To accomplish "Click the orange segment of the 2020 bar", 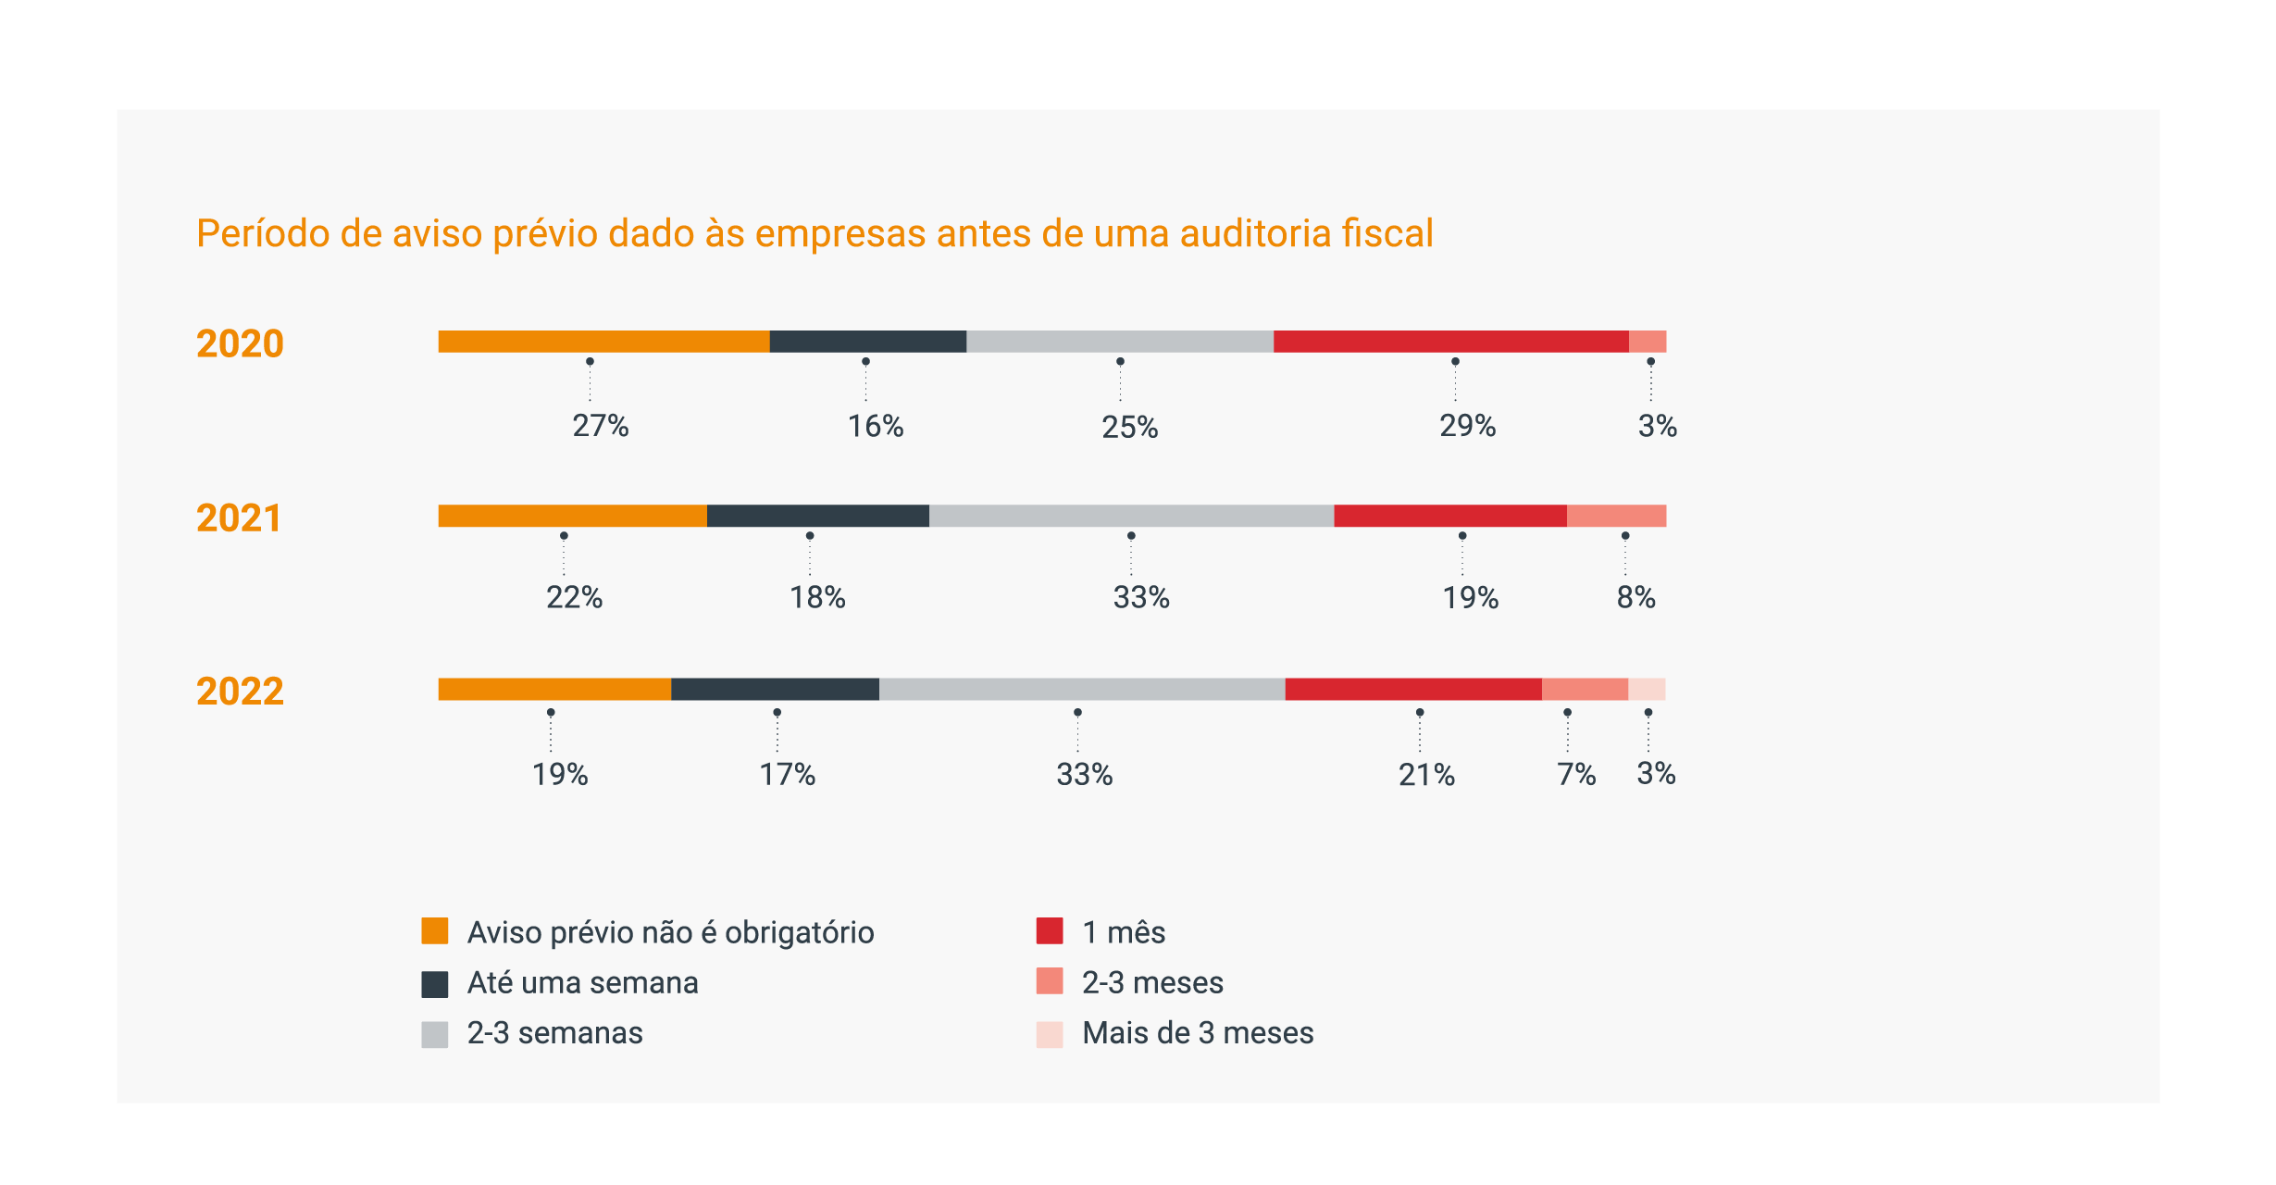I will coord(603,342).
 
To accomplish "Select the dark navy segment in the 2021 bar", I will coord(817,516).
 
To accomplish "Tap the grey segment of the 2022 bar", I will coord(1081,690).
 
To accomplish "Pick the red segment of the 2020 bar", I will coord(1450,342).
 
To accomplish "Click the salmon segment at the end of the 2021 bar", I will coord(1616,516).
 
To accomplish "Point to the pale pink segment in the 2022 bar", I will coord(1647,690).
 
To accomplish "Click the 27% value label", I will coord(601,426).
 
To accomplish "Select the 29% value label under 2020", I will coord(1467,426).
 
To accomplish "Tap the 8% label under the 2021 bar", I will coord(1635,598).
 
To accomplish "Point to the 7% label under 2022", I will coord(1576,775).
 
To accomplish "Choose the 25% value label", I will coord(1129,428).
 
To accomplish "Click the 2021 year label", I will coord(239,518).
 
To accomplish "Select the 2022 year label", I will coord(240,692).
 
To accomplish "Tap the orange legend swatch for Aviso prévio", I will coord(434,931).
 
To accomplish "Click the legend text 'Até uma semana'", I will coord(582,983).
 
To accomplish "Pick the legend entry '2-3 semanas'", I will coord(554,1033).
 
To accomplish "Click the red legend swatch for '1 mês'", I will coord(1049,931).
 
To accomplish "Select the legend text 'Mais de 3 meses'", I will coord(1198,1033).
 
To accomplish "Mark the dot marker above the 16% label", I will coord(865,362).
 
